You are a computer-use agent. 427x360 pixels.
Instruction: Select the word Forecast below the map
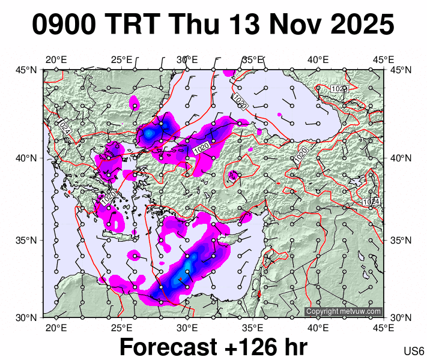pyautogui.click(x=167, y=347)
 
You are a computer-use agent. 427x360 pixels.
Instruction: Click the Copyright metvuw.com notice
pyautogui.click(x=344, y=311)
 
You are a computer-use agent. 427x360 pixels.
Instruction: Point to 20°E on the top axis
pyautogui.click(x=56, y=60)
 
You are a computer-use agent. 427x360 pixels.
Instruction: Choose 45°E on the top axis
pyautogui.click(x=383, y=60)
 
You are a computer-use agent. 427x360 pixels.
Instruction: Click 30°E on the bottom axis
pyautogui.click(x=187, y=328)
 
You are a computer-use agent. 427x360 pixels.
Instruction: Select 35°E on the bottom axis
pyautogui.click(x=252, y=328)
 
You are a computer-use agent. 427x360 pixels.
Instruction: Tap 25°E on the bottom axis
pyautogui.click(x=121, y=328)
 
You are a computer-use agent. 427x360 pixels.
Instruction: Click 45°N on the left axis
pyautogui.click(x=26, y=70)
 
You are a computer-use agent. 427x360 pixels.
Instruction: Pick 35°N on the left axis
pyautogui.click(x=26, y=241)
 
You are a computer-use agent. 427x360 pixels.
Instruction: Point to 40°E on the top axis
pyautogui.click(x=318, y=60)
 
